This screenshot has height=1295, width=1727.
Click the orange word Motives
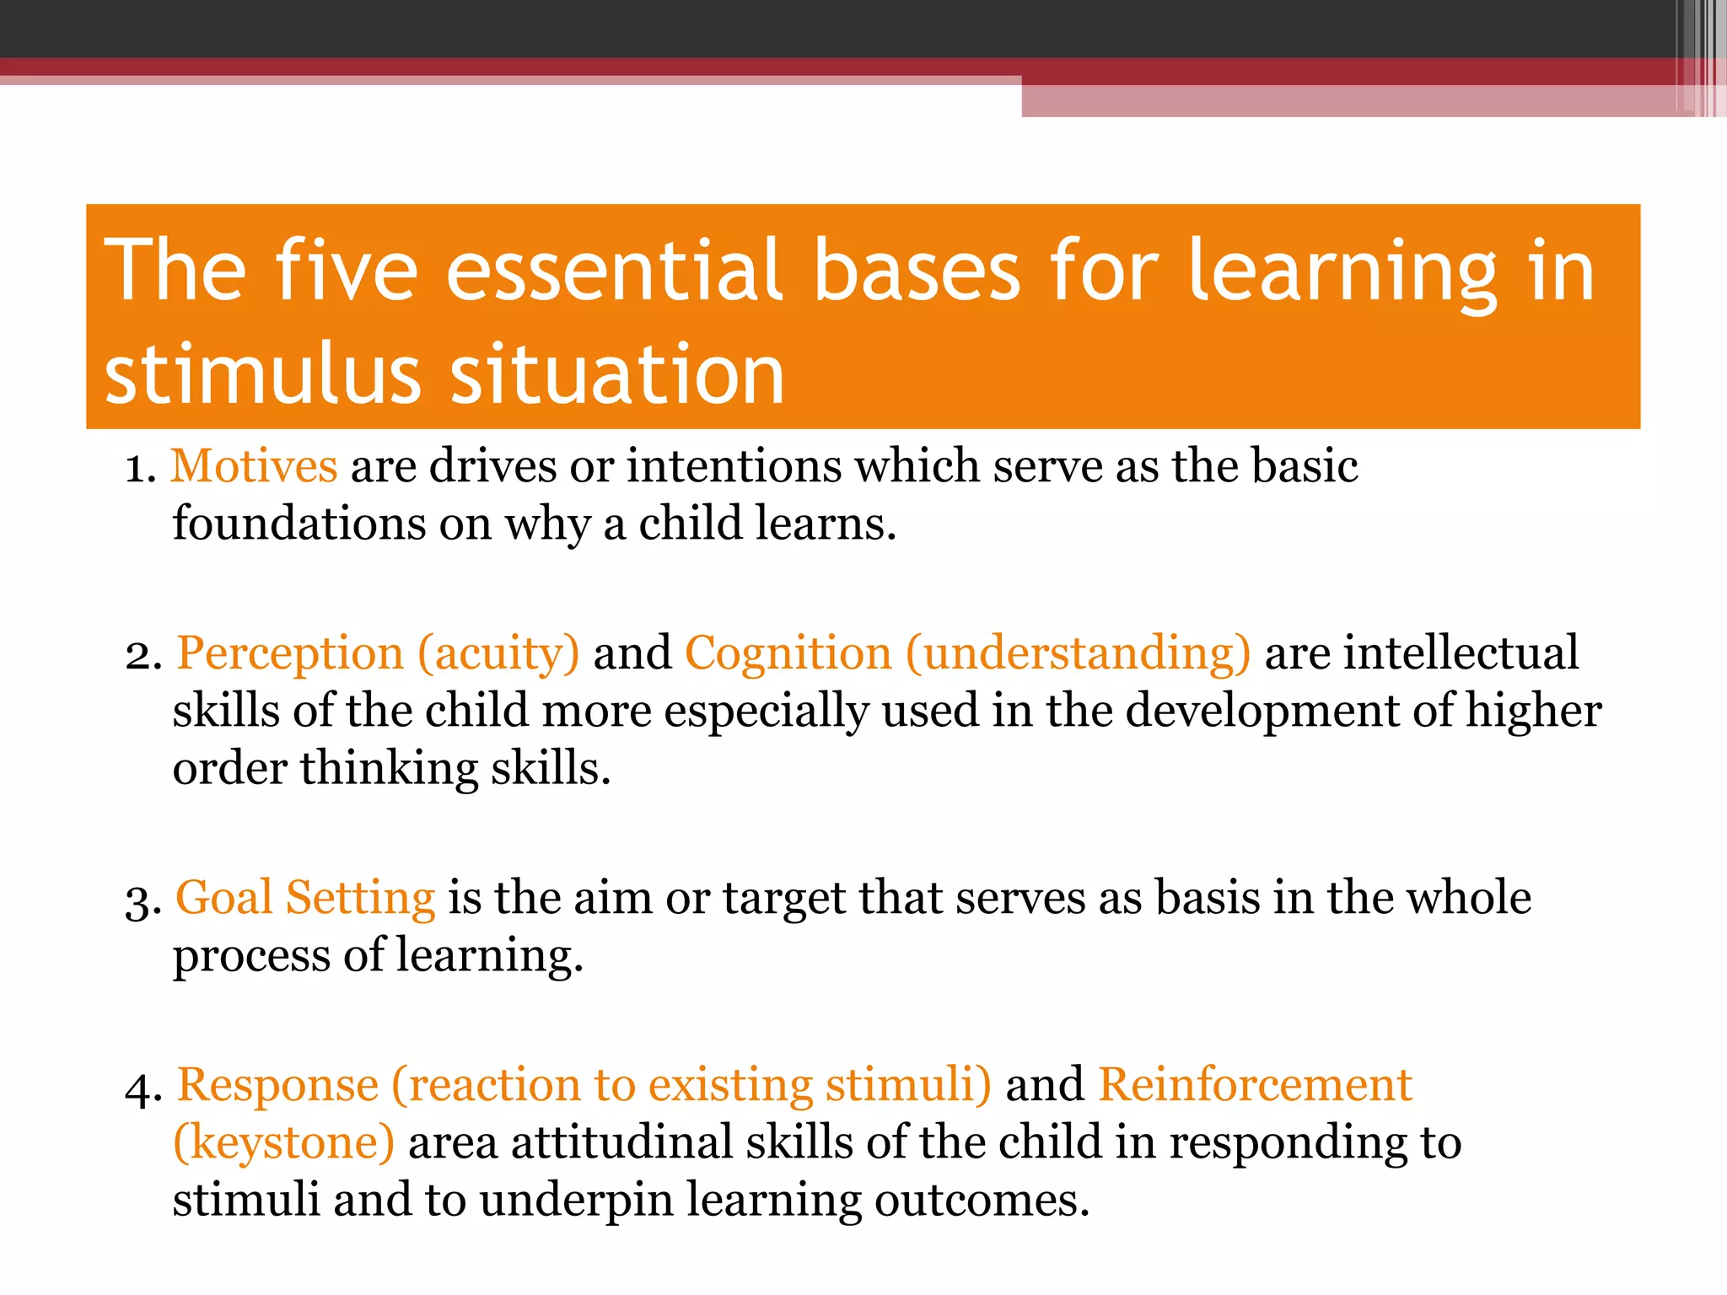[254, 466]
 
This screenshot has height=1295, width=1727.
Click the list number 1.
[140, 469]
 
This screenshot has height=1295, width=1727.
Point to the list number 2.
[143, 656]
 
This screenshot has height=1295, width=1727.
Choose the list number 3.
[143, 900]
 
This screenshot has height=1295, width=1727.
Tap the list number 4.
[143, 1088]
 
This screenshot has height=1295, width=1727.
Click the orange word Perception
[290, 654]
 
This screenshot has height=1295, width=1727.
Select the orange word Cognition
[788, 653]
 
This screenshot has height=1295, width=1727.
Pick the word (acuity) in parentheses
[498, 654]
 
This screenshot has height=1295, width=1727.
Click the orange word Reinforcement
[1255, 1085]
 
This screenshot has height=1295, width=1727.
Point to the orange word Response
[277, 1086]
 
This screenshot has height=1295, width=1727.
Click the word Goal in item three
[224, 898]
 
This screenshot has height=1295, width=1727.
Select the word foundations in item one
[299, 524]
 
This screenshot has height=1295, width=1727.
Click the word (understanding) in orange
[1078, 654]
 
